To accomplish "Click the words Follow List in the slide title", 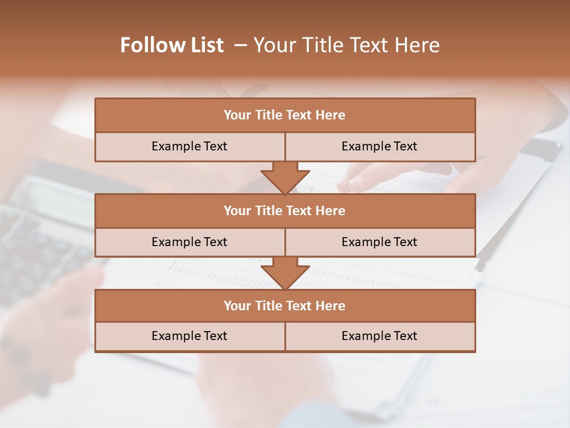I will (172, 45).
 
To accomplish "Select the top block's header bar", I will (285, 115).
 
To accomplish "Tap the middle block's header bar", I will (285, 210).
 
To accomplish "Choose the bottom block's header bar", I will (285, 306).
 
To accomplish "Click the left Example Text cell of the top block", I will (189, 146).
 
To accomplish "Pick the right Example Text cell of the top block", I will (379, 146).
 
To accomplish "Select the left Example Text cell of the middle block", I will (189, 242).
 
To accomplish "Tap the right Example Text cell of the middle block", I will (379, 242).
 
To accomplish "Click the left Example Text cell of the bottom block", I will (189, 336).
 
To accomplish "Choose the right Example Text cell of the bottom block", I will (379, 336).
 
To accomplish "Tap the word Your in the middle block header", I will (237, 210).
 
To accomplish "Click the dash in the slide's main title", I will (240, 45).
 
